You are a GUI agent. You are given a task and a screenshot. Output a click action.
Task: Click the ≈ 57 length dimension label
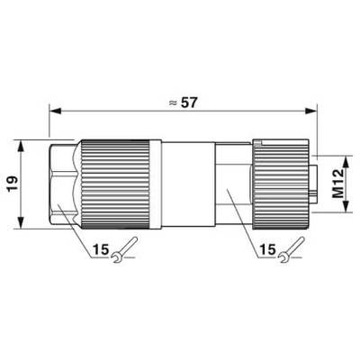pyautogui.click(x=183, y=103)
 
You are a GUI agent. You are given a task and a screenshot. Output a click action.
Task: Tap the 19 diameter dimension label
pyautogui.click(x=13, y=184)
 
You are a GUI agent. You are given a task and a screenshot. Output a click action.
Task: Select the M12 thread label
pyautogui.click(x=338, y=184)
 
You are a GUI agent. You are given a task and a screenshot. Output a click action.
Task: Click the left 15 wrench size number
pyautogui.click(x=101, y=249)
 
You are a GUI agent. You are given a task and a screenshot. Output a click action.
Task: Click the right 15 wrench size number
pyautogui.click(x=267, y=249)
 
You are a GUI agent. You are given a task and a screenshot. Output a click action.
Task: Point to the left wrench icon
pyautogui.click(x=124, y=250)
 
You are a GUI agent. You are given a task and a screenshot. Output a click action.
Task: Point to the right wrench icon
pyautogui.click(x=292, y=250)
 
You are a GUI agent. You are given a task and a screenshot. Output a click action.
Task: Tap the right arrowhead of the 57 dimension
pyautogui.click(x=311, y=112)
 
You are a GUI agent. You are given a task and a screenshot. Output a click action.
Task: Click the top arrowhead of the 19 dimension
pyautogui.click(x=21, y=147)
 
